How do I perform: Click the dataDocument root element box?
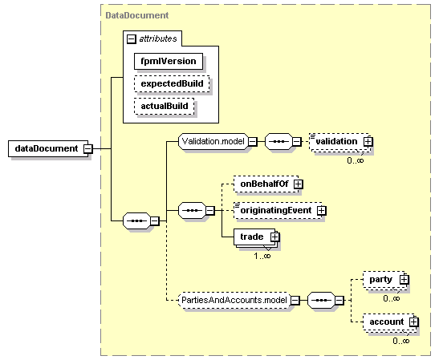tap(48, 148)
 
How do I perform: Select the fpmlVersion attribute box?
tap(169, 61)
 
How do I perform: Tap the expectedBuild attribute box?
tap(172, 83)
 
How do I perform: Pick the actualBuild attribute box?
tap(165, 106)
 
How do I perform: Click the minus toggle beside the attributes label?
tap(132, 38)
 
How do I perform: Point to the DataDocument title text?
tap(137, 15)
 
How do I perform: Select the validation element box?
tap(340, 143)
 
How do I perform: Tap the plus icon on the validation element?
tap(368, 142)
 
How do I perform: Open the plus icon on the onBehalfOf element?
tap(299, 184)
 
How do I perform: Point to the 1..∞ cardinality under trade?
tap(262, 256)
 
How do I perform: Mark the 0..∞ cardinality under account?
tap(401, 341)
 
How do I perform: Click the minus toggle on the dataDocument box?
tap(88, 148)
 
